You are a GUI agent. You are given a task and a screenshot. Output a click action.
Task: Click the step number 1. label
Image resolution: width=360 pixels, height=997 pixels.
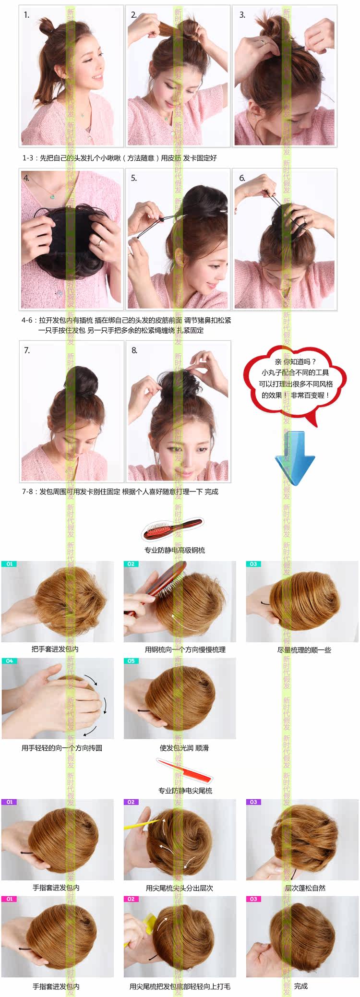pos(26,15)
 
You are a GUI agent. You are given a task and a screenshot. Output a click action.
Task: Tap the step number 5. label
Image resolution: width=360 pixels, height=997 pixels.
pos(134,178)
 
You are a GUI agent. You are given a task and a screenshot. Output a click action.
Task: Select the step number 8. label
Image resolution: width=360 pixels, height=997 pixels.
pos(134,350)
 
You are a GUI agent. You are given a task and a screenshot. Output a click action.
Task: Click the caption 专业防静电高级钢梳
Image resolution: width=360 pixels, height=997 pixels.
pos(175,550)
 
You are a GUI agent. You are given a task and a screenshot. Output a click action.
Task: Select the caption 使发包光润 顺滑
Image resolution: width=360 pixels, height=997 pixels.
pos(184,748)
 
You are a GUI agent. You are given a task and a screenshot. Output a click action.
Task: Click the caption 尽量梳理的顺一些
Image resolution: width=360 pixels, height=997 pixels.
pos(304,650)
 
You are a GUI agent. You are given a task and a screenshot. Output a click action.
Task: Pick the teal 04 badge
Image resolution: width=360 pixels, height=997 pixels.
pos(10,661)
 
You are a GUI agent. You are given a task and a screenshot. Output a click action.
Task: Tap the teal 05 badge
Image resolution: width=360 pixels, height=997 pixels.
pos(131,661)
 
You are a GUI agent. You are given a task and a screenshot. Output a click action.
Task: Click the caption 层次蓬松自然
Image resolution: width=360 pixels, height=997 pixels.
pos(305,888)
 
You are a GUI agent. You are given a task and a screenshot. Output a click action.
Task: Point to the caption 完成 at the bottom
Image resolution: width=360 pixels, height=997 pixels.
pos(301,986)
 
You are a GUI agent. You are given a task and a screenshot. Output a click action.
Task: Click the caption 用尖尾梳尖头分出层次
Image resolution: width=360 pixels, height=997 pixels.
pos(179,888)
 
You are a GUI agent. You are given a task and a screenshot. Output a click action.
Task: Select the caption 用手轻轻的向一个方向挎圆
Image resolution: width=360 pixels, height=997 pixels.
pos(61,748)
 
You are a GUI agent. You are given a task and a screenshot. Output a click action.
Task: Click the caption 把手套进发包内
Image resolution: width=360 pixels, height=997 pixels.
pos(55,649)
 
